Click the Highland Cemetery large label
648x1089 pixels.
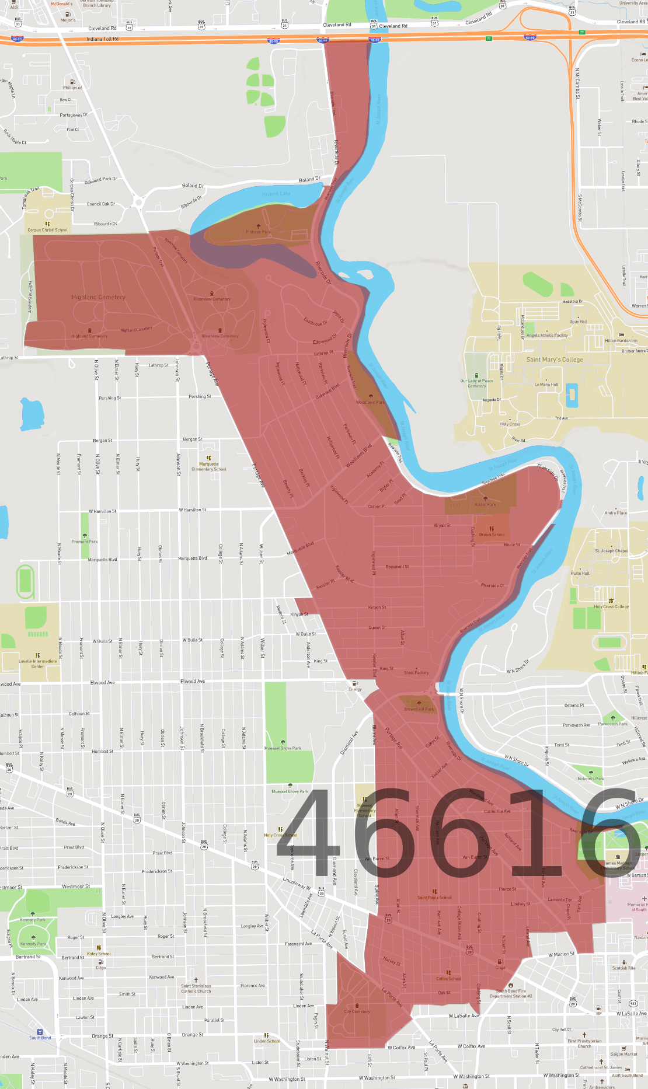[99, 297]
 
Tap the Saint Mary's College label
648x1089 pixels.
[555, 359]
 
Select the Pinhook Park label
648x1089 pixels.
[258, 232]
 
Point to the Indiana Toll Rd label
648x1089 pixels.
[102, 39]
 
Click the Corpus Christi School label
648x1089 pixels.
[47, 230]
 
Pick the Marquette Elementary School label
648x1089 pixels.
[209, 467]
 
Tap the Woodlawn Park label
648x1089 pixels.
[371, 402]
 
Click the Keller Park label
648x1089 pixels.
[485, 505]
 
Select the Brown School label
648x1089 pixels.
[492, 535]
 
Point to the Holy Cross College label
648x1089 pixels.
[611, 606]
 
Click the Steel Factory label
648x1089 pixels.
[416, 672]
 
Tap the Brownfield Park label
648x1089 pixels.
[419, 710]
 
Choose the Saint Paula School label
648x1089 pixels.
[434, 898]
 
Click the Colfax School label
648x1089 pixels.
[448, 979]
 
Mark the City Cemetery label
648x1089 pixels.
[357, 1011]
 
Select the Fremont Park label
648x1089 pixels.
[85, 542]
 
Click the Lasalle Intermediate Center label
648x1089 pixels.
[38, 664]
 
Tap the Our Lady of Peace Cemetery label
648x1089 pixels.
[477, 383]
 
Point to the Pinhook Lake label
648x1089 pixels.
[276, 194]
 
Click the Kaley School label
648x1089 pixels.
[99, 954]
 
